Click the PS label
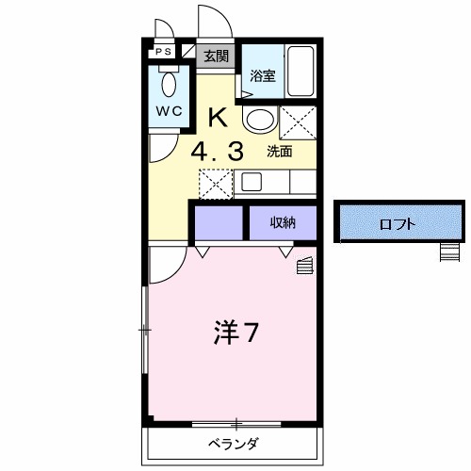point(163,53)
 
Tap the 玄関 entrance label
point(216,56)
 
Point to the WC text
point(169,109)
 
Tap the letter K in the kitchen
point(217,118)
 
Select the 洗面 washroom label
point(279,150)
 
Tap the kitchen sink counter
point(275,182)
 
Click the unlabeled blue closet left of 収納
point(219,223)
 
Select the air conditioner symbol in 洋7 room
point(305,267)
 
